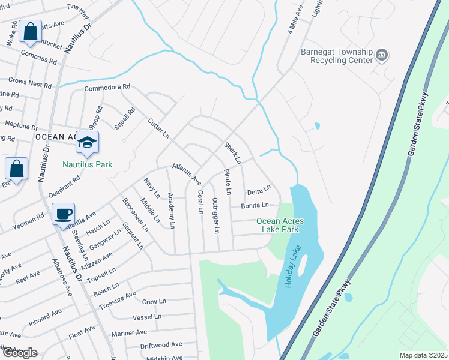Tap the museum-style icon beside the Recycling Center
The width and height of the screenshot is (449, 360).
coord(381,56)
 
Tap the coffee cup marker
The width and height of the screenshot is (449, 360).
coord(63,214)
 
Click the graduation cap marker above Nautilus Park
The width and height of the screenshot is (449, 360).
coord(87,143)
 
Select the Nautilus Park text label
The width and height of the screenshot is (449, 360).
coord(88,164)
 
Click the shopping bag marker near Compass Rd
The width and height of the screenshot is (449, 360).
coord(30,31)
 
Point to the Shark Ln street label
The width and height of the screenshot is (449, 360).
coord(232,154)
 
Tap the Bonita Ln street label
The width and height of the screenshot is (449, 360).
coord(259,206)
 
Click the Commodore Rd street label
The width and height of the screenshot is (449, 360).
coord(107,88)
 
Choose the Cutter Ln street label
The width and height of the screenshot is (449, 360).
coord(159,128)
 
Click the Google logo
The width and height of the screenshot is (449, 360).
coord(19,353)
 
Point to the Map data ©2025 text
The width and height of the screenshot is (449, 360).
coord(423,355)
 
